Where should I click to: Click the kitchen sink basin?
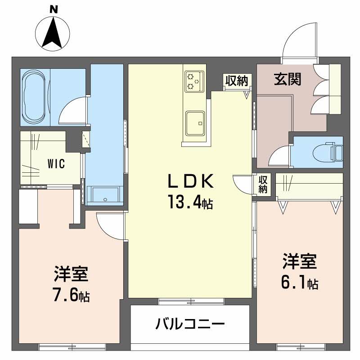tap(195, 122)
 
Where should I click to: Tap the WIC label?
tap(56, 163)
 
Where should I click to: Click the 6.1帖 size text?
tap(300, 283)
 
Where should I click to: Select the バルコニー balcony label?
tap(190, 324)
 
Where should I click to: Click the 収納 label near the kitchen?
tap(237, 81)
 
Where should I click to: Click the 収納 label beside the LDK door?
tap(263, 184)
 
